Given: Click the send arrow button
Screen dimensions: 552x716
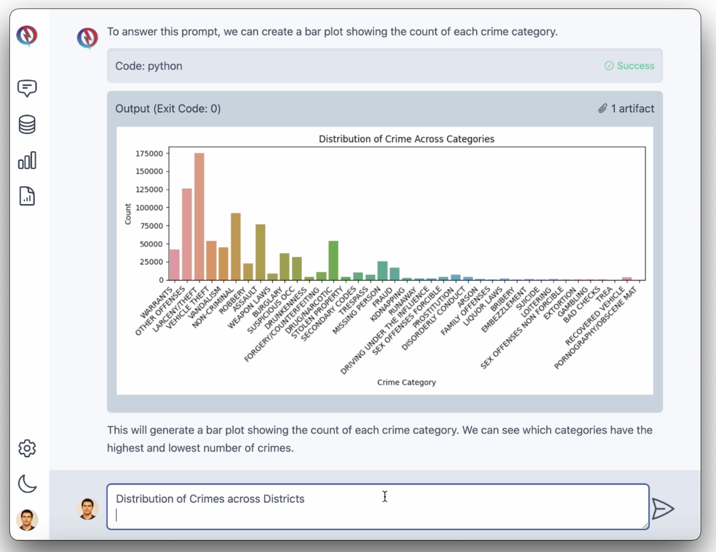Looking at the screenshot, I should [x=662, y=509].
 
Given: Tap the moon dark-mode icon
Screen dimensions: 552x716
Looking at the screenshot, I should [x=27, y=484].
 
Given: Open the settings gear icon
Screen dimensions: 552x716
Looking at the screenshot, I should [x=27, y=448].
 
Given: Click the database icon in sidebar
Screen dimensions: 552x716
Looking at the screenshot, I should [x=27, y=125].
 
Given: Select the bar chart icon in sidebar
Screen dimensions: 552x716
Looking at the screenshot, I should [x=27, y=160].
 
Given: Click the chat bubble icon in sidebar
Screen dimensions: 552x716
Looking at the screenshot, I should [x=27, y=88].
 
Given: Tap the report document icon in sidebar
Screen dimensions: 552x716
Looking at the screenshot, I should [x=27, y=196].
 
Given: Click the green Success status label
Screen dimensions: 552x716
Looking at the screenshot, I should [x=635, y=66].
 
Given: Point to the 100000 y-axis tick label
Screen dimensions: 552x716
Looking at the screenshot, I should [x=149, y=208].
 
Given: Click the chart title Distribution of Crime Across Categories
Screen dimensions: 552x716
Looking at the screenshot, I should [x=406, y=139].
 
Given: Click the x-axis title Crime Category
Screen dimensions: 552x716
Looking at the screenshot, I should [x=406, y=382].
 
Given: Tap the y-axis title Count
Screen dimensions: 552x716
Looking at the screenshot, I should [x=128, y=214].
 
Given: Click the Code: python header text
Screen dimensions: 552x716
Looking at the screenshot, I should [x=149, y=66].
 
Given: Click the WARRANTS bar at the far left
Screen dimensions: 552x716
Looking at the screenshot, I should [x=175, y=265].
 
